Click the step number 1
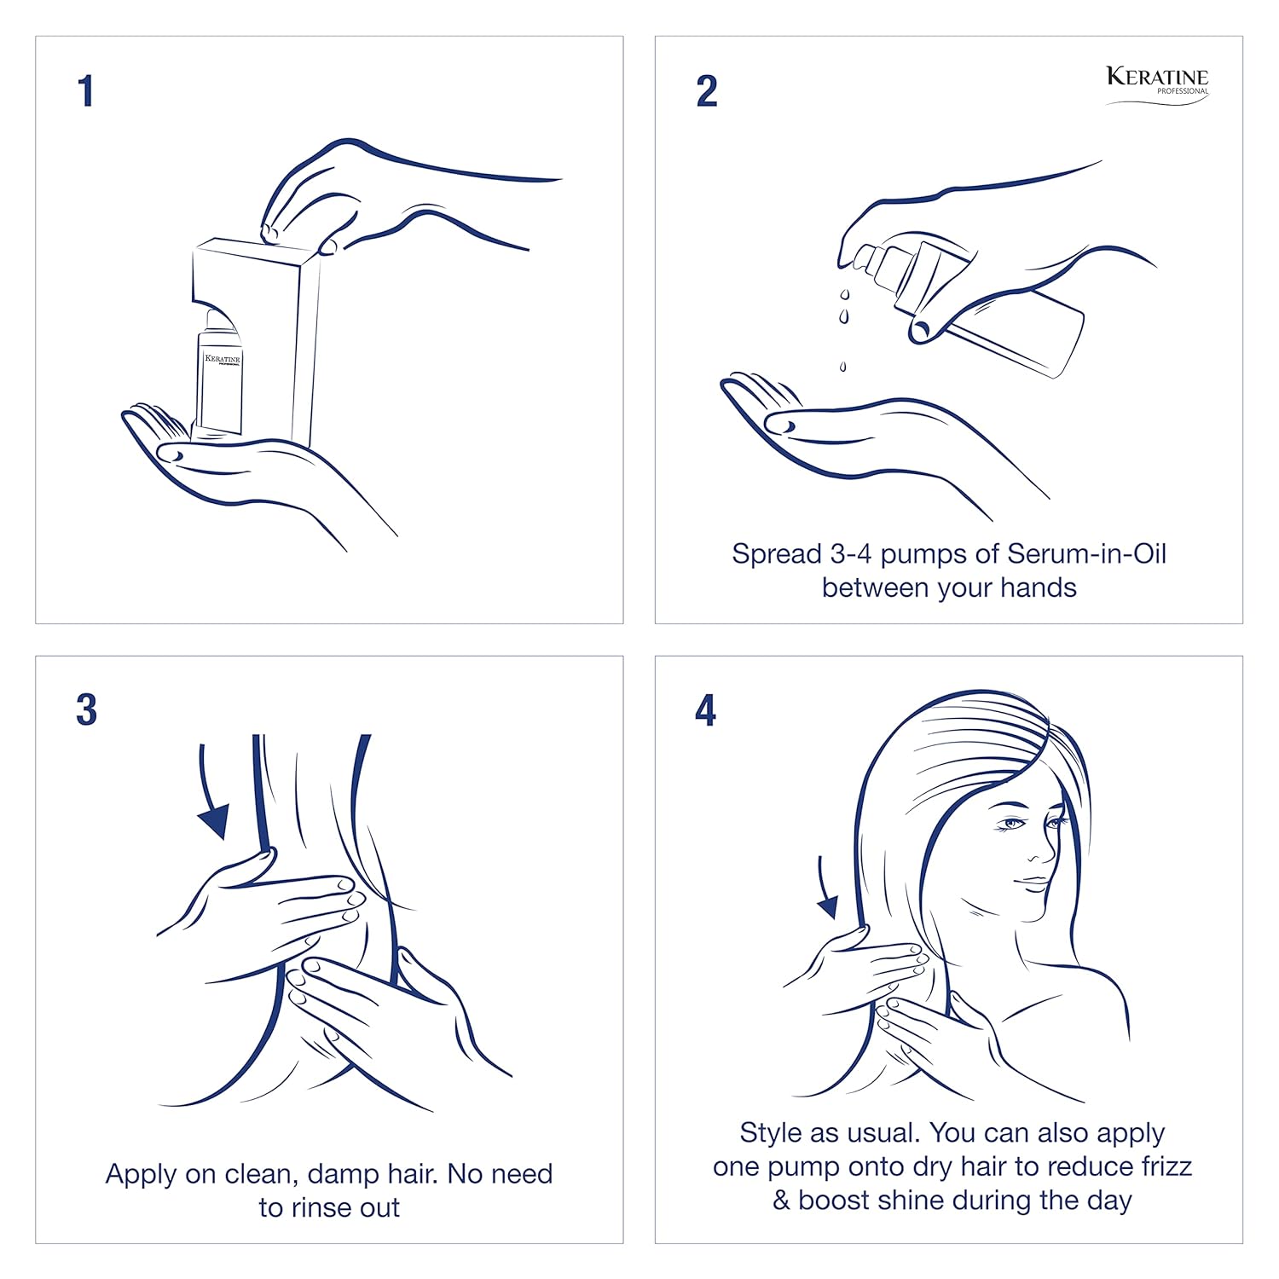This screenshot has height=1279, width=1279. [85, 91]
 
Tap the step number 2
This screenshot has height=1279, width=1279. [707, 91]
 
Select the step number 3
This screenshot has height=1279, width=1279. [86, 710]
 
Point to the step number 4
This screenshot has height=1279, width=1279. [705, 710]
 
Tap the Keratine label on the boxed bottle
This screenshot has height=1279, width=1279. [223, 360]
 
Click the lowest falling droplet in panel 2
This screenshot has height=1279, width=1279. [842, 367]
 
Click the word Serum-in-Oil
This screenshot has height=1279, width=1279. [1086, 554]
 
